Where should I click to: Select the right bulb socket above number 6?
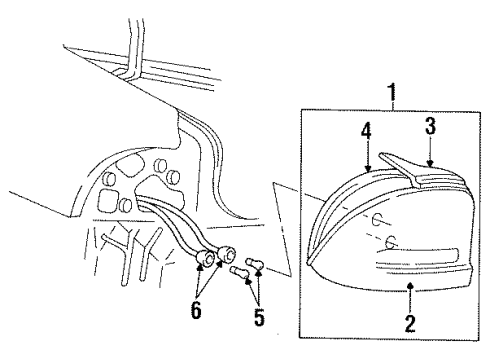(228, 254)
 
